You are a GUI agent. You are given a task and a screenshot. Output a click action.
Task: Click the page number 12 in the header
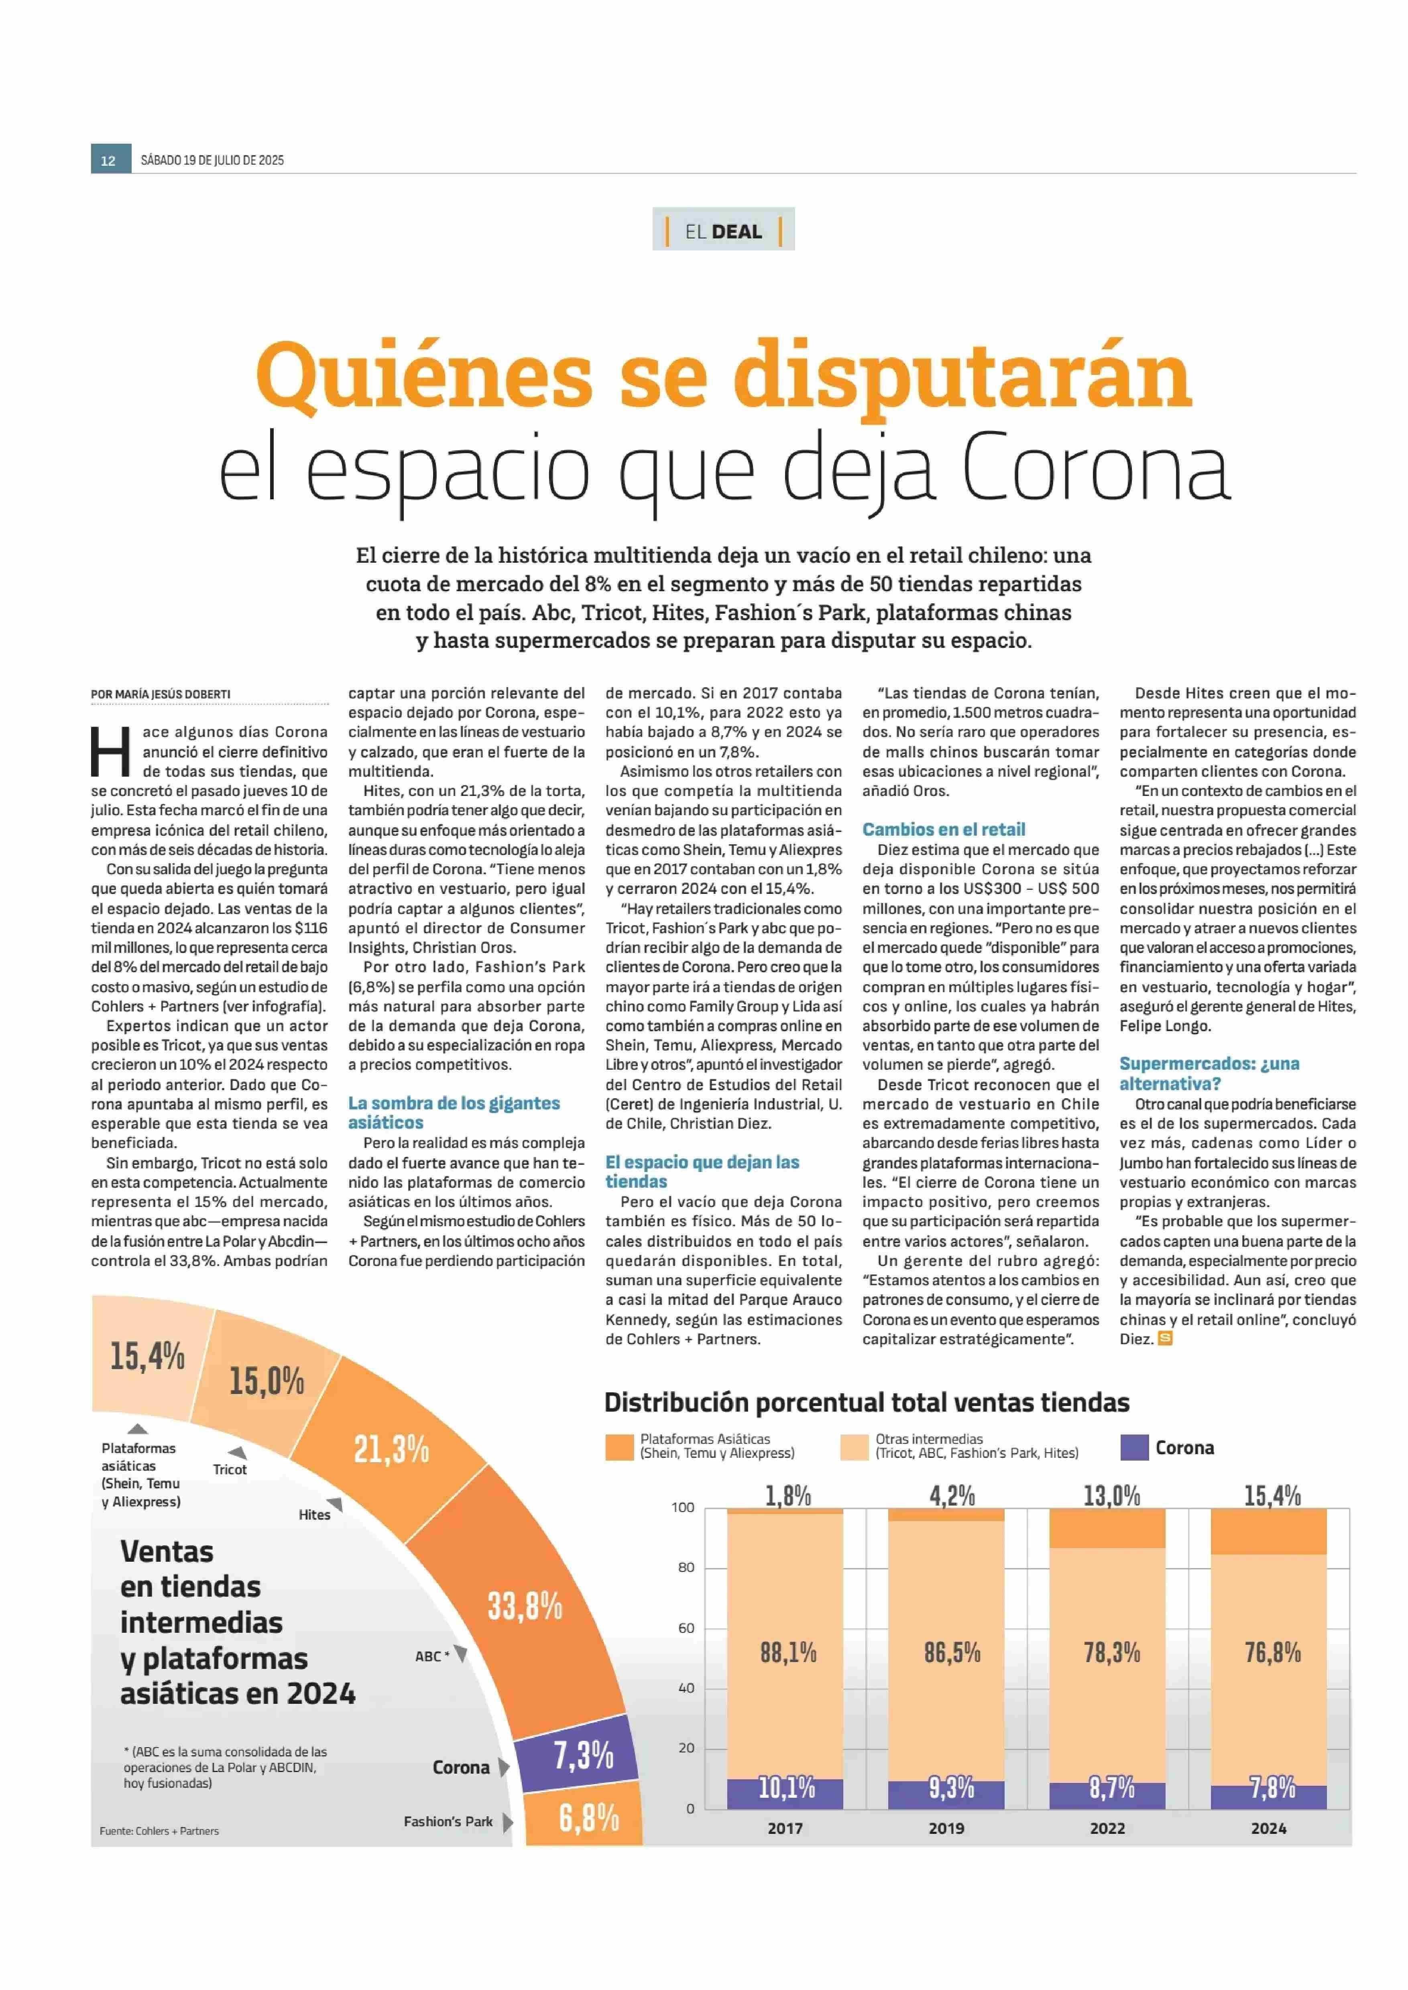pyautogui.click(x=108, y=161)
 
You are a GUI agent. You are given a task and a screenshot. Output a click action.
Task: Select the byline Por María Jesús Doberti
pyautogui.click(x=161, y=694)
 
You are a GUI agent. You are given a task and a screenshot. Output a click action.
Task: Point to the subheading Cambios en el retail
pyautogui.click(x=943, y=829)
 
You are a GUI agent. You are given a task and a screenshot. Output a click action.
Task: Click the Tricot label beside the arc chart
pyautogui.click(x=230, y=1470)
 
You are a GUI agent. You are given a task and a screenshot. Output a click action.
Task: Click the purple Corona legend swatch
pyautogui.click(x=1134, y=1447)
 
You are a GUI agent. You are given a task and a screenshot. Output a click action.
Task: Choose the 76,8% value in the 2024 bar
pyautogui.click(x=1273, y=1653)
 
